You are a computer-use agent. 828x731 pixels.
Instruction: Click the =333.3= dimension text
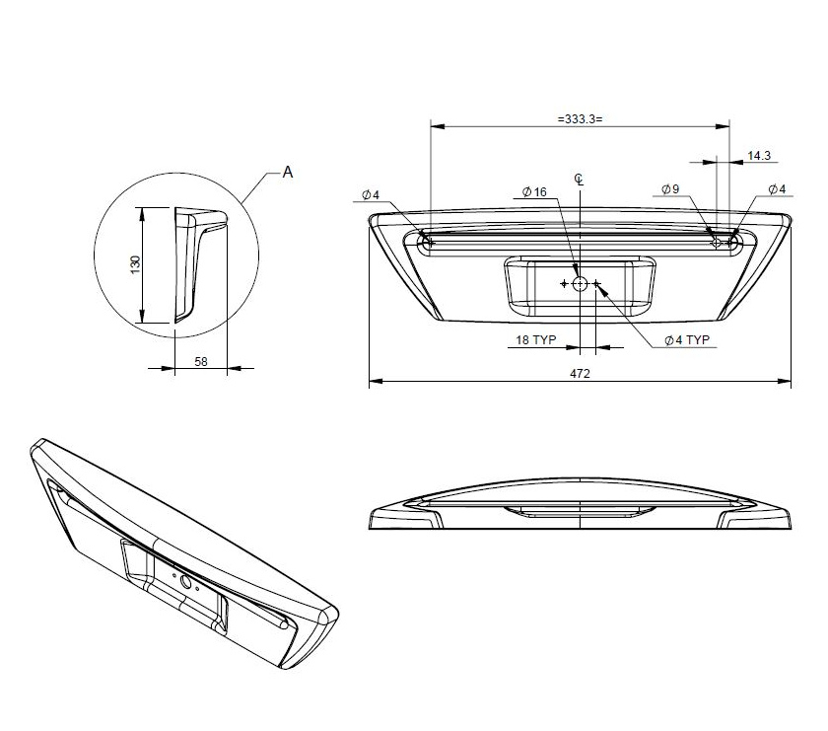click(579, 117)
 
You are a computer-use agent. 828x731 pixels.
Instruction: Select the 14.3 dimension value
click(759, 156)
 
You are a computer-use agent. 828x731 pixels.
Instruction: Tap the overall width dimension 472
click(580, 374)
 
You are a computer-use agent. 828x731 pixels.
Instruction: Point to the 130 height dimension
click(136, 264)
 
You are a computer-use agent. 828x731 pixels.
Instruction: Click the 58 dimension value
click(200, 362)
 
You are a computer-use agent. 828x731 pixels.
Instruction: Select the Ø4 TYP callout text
click(686, 339)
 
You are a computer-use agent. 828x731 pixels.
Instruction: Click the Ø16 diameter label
click(533, 191)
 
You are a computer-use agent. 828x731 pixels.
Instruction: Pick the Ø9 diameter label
click(670, 189)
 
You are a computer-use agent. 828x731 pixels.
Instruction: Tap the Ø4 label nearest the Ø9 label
click(776, 189)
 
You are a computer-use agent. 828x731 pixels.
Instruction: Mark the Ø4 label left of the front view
click(371, 194)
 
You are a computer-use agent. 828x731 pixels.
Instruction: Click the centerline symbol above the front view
click(580, 179)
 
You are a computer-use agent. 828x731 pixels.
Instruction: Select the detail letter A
click(288, 172)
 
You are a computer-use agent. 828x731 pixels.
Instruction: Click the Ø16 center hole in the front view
click(580, 284)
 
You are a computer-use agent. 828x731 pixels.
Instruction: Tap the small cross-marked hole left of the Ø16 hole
click(564, 284)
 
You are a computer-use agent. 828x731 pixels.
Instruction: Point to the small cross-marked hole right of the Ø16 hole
click(596, 284)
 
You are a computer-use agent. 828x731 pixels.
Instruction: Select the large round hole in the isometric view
click(184, 581)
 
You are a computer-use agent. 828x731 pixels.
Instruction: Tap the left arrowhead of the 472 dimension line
click(374, 381)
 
